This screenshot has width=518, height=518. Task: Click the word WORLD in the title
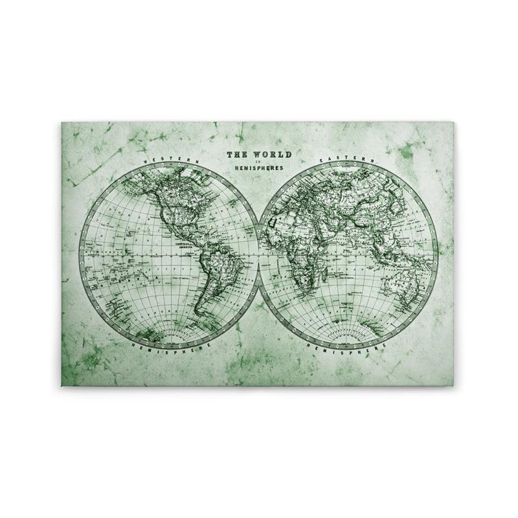coord(273,155)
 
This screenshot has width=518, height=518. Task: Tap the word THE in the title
coord(237,155)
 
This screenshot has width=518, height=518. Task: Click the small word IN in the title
coord(258,163)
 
